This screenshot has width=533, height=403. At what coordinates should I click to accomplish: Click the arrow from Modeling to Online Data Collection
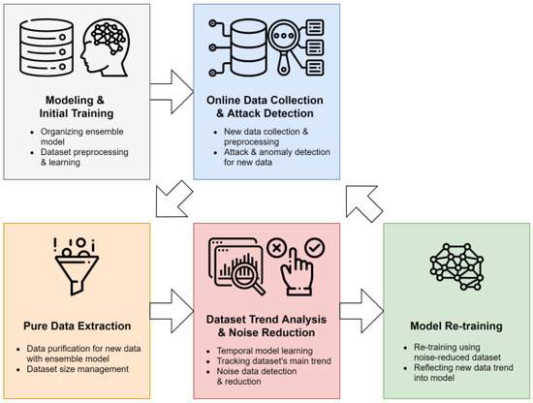pyautogui.click(x=179, y=93)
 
